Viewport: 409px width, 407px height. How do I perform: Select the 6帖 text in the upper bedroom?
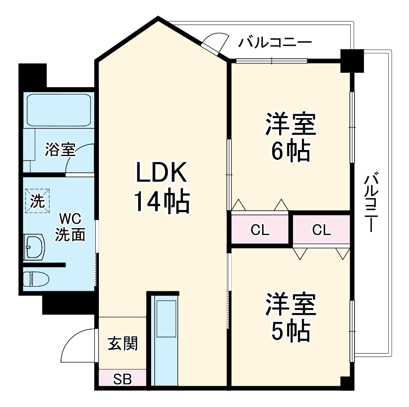coord(290,150)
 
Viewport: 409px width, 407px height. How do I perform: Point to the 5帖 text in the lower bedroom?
coord(290,330)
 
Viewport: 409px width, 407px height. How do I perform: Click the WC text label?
coord(70,218)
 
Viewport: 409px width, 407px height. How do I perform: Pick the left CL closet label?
coord(260,230)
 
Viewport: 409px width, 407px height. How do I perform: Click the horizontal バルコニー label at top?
coord(275,43)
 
